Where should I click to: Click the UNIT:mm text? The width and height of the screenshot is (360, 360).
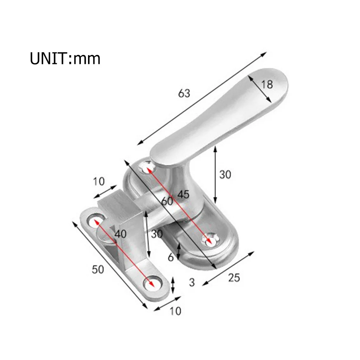pyautogui.click(x=65, y=58)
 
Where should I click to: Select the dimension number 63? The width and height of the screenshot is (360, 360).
pyautogui.click(x=184, y=93)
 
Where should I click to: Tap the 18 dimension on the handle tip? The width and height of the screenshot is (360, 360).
pyautogui.click(x=267, y=84)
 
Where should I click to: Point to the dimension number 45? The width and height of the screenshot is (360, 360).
pyautogui.click(x=183, y=194)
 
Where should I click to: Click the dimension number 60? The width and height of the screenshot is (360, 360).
pyautogui.click(x=167, y=201)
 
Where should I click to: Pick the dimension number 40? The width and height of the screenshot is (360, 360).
pyautogui.click(x=120, y=234)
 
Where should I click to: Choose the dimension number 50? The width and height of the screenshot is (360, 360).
pyautogui.click(x=97, y=269)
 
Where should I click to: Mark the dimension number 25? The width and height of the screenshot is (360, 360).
pyautogui.click(x=233, y=278)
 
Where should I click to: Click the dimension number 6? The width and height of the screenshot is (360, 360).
pyautogui.click(x=171, y=257)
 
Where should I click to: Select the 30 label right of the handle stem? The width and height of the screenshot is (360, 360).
pyautogui.click(x=225, y=175)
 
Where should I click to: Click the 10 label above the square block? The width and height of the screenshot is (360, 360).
pyautogui.click(x=99, y=181)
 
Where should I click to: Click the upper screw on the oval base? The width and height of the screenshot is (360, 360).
pyautogui.click(x=147, y=166)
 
